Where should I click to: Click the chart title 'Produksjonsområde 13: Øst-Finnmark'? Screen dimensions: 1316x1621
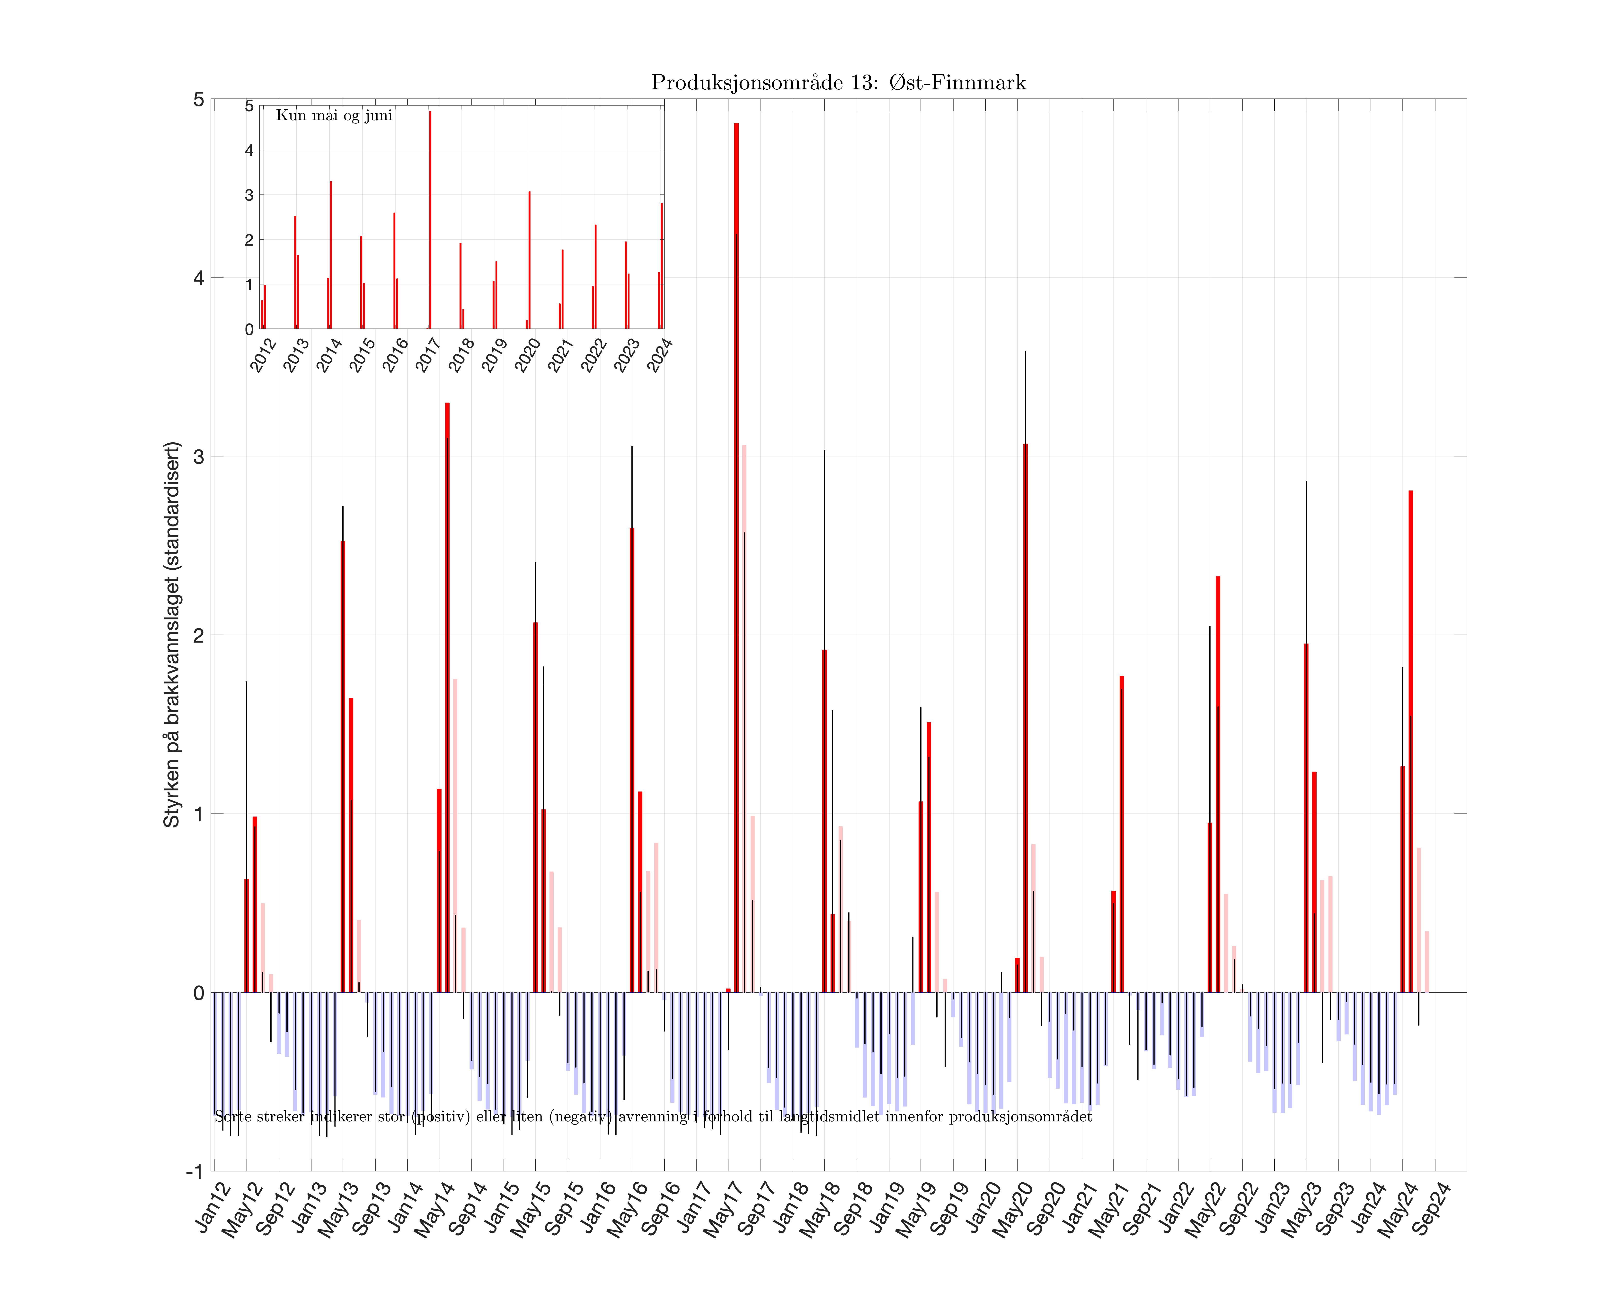coord(838,83)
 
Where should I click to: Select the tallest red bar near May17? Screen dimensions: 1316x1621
coord(736,531)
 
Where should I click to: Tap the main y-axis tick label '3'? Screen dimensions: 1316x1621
coord(199,456)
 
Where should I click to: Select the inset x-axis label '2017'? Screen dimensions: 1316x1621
coord(429,355)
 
